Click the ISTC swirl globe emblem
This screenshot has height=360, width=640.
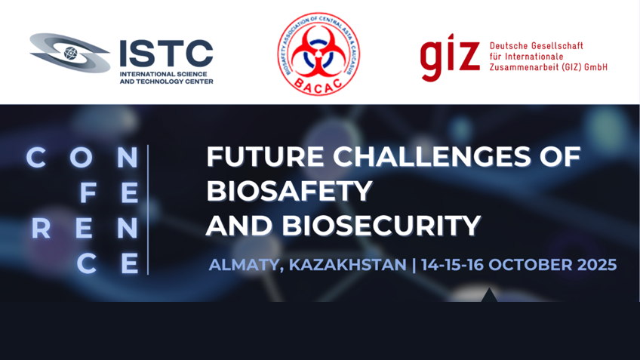coord(69,53)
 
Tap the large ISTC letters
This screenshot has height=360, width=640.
coord(167,54)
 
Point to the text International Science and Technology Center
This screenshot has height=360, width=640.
coord(167,78)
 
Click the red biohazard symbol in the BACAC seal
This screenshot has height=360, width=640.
coord(318,53)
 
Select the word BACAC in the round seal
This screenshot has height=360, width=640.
coord(318,87)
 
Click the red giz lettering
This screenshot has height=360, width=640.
coord(449,57)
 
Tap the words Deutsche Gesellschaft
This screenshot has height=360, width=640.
coord(537,46)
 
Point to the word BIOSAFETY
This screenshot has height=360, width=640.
coord(289,191)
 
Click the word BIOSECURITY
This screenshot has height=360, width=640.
coord(381,226)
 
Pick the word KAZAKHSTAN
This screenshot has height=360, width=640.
coord(348,264)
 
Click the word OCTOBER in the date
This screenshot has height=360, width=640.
coord(531,264)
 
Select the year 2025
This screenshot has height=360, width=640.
coord(597,264)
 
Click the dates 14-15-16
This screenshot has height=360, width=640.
coord(453,264)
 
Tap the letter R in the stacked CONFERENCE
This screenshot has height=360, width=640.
coord(41,229)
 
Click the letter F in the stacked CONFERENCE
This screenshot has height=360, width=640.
coord(88,193)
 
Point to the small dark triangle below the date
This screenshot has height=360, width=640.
coord(489,295)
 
